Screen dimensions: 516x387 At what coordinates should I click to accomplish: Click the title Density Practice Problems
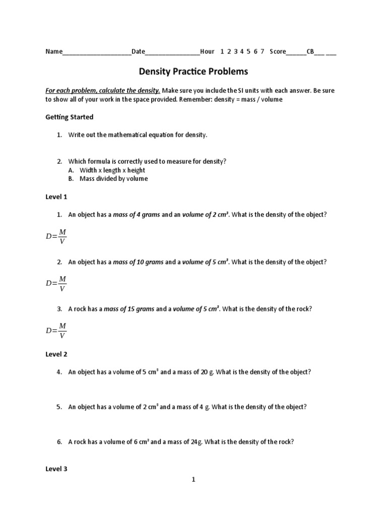pyautogui.click(x=193, y=72)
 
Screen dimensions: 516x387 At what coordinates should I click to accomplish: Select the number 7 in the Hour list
pyautogui.click(x=263, y=51)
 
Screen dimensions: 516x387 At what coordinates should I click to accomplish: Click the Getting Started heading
pyautogui.click(x=70, y=117)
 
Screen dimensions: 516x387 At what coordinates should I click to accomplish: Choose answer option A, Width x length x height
pyautogui.click(x=112, y=170)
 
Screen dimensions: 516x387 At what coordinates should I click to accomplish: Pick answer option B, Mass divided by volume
pyautogui.click(x=114, y=178)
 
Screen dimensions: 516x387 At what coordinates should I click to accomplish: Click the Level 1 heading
pyautogui.click(x=56, y=197)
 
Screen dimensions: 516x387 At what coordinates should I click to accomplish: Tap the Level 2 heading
pyautogui.click(x=56, y=354)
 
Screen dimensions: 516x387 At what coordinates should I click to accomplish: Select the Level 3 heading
pyautogui.click(x=56, y=469)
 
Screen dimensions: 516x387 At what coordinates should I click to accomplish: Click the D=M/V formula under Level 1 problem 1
pyautogui.click(x=56, y=236)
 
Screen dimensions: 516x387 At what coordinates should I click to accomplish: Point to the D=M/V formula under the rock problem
pyautogui.click(x=56, y=331)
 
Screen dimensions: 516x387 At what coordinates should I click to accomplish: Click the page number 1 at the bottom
pyautogui.click(x=193, y=480)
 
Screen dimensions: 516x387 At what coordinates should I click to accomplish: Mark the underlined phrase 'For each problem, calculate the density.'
pyautogui.click(x=103, y=91)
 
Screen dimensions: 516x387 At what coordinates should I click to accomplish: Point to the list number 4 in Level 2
pyautogui.click(x=59, y=372)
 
